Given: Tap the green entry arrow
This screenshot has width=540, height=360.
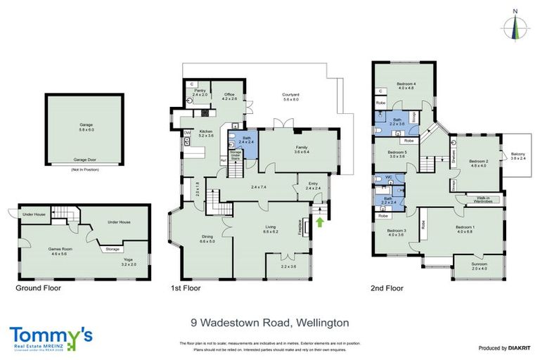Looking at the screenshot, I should coord(321,223).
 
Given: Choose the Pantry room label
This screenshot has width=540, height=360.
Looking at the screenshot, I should coord(199,93).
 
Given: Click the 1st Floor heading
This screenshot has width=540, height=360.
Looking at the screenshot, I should coord(186,288).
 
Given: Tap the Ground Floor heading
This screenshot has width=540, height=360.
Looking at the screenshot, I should coord(38,288).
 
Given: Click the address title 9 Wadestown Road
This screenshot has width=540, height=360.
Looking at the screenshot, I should coord(270,323).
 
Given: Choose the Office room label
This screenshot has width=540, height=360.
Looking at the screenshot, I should coord(229,96).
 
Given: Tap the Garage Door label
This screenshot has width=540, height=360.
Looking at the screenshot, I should coord(84,160).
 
